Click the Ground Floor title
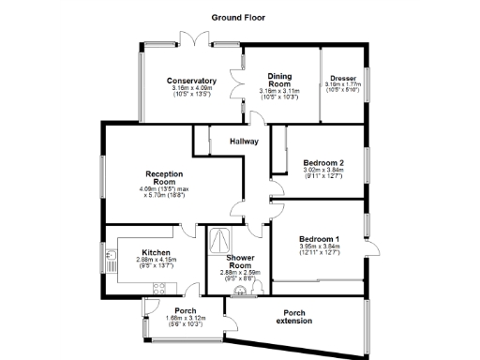click(x=239, y=17)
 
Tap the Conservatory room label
click(x=191, y=81)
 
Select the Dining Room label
click(x=278, y=79)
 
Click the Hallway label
click(x=245, y=142)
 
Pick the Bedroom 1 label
click(x=318, y=238)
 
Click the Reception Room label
click(x=164, y=178)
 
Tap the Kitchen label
click(x=156, y=252)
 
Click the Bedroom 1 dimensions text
click(x=318, y=249)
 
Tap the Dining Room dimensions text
click(x=278, y=94)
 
